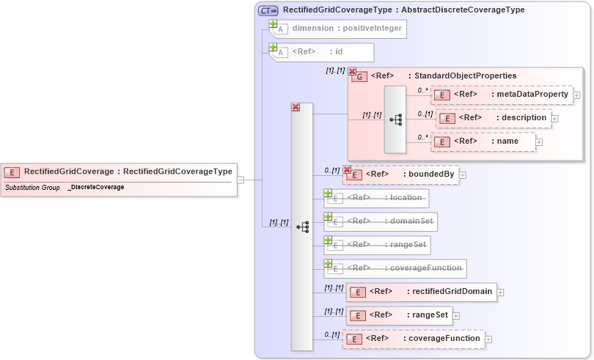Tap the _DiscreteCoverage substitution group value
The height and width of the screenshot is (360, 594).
[x=96, y=188]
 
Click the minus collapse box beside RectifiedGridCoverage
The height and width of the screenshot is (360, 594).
[x=241, y=180]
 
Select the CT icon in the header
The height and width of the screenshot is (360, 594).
[x=268, y=10]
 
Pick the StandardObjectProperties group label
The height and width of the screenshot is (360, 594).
[x=465, y=76]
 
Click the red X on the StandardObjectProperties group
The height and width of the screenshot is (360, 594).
[x=352, y=72]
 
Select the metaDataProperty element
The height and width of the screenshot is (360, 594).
[x=510, y=95]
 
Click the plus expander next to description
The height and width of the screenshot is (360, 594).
[x=555, y=118]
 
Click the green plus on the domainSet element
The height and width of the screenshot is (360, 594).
[x=329, y=216]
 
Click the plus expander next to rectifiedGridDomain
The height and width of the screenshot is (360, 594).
[x=501, y=292]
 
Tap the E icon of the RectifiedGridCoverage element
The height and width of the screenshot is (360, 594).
[x=12, y=172]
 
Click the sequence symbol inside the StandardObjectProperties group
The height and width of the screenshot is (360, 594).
[x=396, y=120]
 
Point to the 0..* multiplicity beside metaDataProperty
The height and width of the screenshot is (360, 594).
[x=422, y=90]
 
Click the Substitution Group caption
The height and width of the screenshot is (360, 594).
[x=32, y=188]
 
